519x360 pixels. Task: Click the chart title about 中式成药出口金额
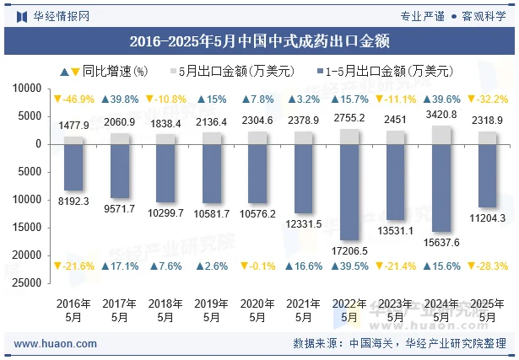(259, 40)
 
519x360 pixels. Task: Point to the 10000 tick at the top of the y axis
(29, 89)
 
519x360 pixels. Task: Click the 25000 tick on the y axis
(29, 282)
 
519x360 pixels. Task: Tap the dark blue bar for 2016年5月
(73, 167)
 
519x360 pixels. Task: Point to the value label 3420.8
(441, 115)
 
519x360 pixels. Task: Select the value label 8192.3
(73, 201)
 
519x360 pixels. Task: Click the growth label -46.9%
(73, 99)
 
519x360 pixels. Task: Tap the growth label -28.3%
(487, 266)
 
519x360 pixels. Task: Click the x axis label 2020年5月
(257, 309)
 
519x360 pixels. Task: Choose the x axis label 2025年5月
(487, 309)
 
